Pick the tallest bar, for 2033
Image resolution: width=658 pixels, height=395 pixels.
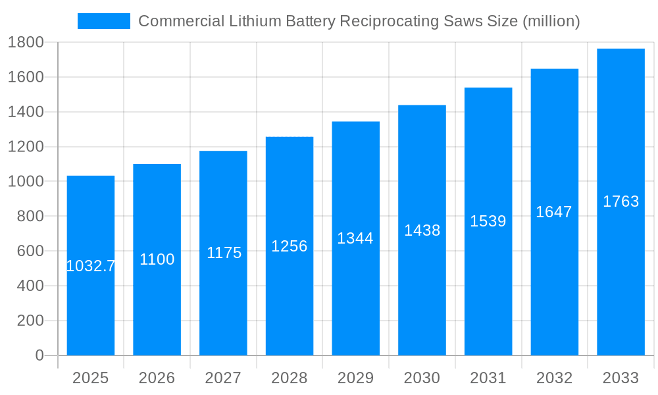click(x=620, y=276)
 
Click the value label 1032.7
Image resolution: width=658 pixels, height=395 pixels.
click(x=91, y=266)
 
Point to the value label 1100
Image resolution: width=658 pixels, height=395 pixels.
click(x=157, y=259)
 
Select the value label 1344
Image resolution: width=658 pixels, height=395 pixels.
click(x=355, y=238)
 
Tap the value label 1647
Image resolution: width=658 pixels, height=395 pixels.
click(x=554, y=212)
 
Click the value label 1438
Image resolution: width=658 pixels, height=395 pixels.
click(x=422, y=230)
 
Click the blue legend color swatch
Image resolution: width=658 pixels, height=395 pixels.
click(x=104, y=21)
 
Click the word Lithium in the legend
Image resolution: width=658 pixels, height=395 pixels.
click(x=252, y=21)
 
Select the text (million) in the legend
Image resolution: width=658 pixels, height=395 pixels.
click(x=551, y=21)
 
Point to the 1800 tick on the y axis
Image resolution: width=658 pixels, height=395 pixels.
click(x=26, y=43)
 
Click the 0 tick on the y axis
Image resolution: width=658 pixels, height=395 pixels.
click(x=39, y=355)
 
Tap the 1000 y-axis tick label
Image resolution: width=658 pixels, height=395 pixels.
click(x=26, y=182)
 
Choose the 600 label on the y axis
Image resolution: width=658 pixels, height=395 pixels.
click(x=30, y=251)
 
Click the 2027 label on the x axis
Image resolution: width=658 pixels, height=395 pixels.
click(x=223, y=378)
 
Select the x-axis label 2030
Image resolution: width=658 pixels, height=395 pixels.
click(x=422, y=378)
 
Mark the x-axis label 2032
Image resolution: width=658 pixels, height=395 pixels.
click(x=554, y=378)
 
